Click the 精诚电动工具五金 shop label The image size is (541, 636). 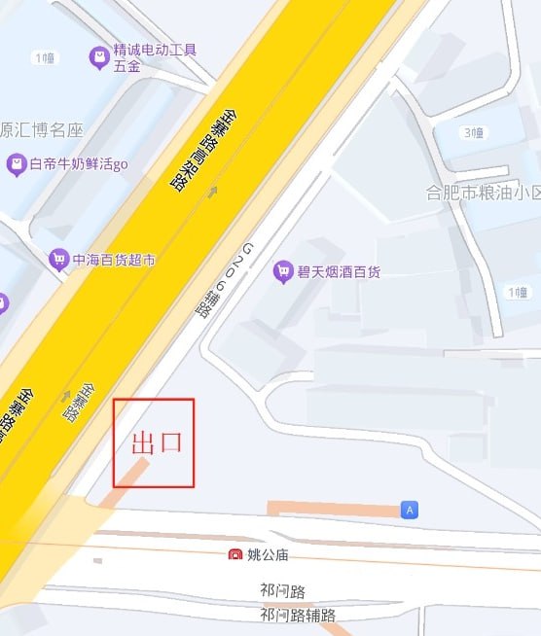[155, 57]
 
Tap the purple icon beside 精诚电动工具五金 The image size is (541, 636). [98, 58]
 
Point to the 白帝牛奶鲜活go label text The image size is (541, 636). [79, 164]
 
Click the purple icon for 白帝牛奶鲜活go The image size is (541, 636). [16, 164]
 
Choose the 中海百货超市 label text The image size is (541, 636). [115, 260]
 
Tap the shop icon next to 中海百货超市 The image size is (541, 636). [58, 260]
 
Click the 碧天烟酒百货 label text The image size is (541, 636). [339, 271]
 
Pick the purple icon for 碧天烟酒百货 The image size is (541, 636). [283, 271]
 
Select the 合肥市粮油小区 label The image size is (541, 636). [484, 193]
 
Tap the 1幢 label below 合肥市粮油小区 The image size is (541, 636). [517, 292]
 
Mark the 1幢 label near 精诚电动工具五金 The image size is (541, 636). [44, 57]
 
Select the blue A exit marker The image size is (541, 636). [410, 510]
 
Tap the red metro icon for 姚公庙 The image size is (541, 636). [234, 555]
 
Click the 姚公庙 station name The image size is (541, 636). [268, 555]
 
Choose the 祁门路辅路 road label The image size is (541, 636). [298, 615]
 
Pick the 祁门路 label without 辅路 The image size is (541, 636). [283, 590]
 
